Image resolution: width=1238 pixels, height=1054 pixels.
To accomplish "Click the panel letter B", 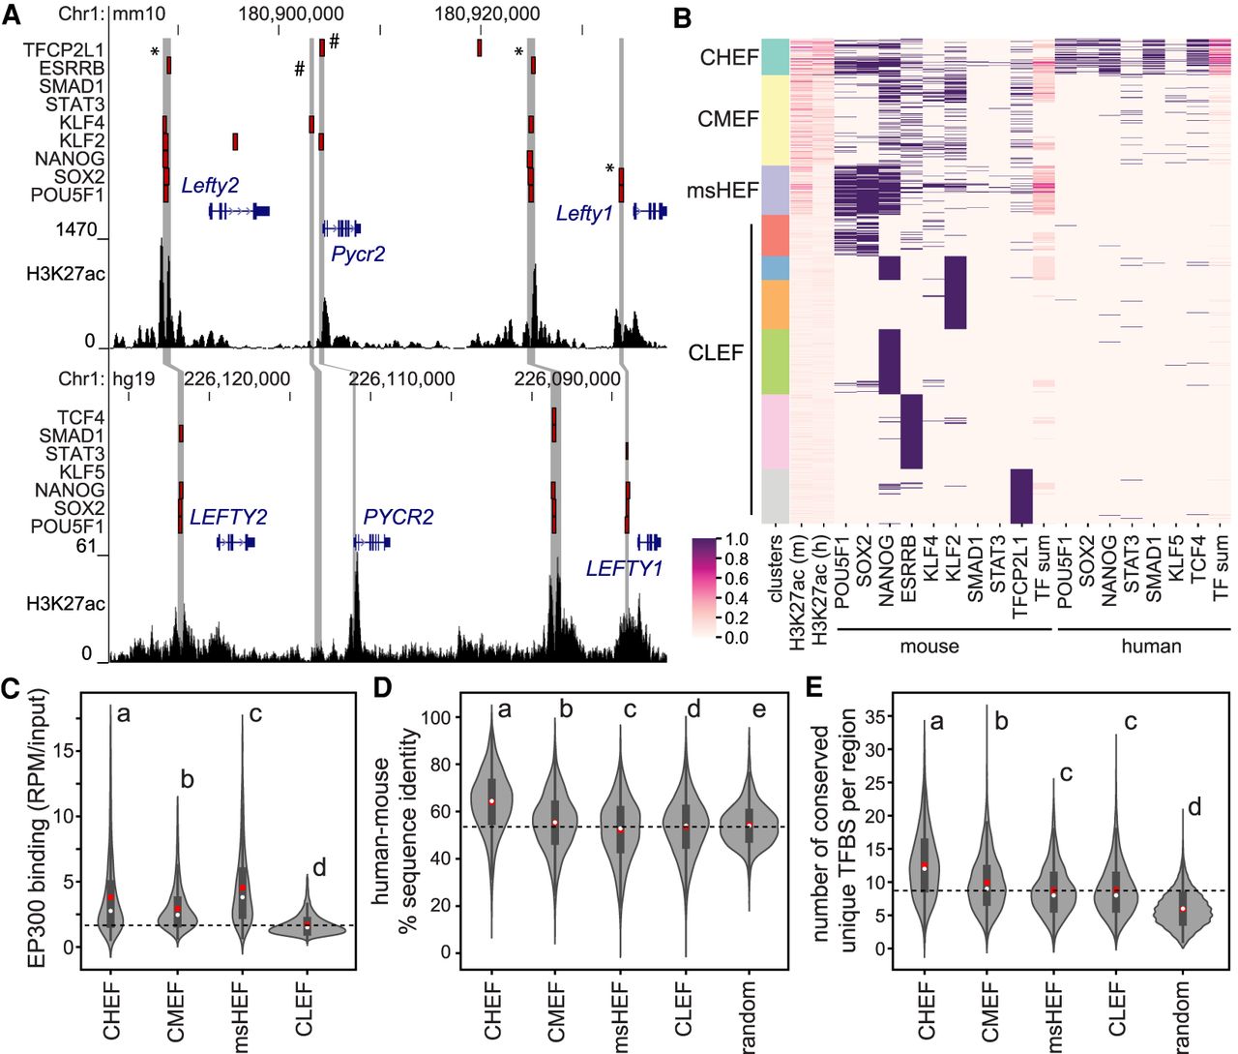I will (x=682, y=16).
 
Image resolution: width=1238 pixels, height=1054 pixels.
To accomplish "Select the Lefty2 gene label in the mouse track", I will (x=210, y=186).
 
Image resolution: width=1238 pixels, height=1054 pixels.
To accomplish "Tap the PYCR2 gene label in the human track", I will (x=398, y=517).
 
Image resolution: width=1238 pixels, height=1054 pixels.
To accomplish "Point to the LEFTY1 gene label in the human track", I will (x=624, y=568).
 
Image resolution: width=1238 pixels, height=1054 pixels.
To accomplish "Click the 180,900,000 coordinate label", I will (x=291, y=14).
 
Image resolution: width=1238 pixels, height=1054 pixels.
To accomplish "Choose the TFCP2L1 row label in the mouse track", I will (x=64, y=49).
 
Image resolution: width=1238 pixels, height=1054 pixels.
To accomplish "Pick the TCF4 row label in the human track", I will (x=80, y=417).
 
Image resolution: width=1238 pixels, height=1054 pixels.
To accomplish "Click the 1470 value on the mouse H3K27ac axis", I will (x=76, y=229).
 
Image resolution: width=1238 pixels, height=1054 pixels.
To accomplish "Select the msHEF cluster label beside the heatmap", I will (x=722, y=191).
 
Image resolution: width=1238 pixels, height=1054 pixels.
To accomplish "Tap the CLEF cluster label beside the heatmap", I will (x=716, y=353).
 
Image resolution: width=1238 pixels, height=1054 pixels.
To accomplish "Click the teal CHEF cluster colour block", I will (x=775, y=57).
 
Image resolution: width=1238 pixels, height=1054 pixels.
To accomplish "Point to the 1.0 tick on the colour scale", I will (x=736, y=539).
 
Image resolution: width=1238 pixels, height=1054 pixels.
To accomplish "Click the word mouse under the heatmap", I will (x=929, y=646).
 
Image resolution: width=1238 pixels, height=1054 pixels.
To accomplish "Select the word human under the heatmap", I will (x=1151, y=646).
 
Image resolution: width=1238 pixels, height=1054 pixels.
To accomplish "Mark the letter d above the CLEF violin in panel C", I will (x=319, y=868).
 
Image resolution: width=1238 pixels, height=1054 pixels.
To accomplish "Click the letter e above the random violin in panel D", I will (x=759, y=710).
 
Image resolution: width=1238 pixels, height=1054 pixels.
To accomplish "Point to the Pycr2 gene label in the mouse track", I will (x=358, y=254).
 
